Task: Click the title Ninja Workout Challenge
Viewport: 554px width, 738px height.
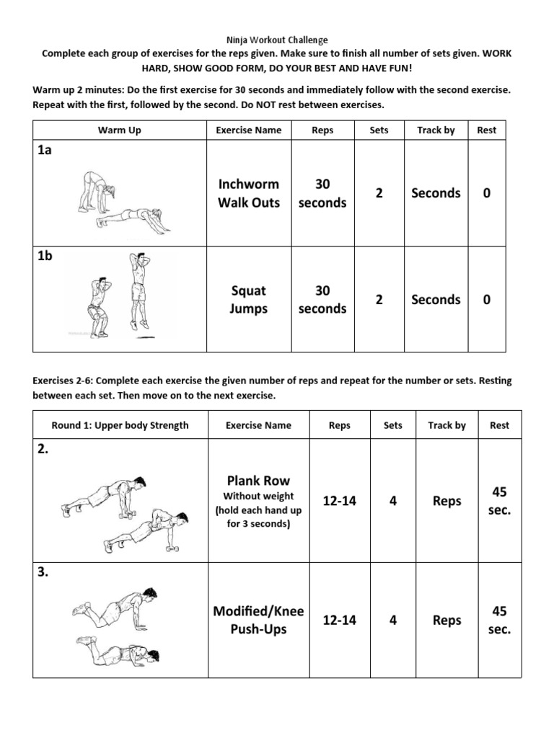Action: coord(277,40)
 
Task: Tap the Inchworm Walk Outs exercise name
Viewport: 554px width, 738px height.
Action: coord(249,193)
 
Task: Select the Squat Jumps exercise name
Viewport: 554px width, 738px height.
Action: coord(249,300)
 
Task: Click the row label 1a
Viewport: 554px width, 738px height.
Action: coord(44,151)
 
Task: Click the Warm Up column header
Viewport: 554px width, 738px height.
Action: coord(120,130)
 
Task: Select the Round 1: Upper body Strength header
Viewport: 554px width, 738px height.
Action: coord(120,425)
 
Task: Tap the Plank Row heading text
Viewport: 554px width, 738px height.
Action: coord(258,481)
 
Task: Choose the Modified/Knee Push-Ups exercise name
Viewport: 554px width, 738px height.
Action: coord(258,620)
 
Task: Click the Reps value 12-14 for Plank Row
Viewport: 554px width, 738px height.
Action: coord(339,501)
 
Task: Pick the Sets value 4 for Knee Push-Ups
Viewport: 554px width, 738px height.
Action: coord(393,620)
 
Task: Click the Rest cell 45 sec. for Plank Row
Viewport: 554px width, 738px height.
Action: coord(499,501)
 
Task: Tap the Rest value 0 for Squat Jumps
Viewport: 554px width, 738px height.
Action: coord(487,300)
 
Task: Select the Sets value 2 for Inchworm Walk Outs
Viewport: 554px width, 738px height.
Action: coord(379,193)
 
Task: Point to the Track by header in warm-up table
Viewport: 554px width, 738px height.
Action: coord(436,130)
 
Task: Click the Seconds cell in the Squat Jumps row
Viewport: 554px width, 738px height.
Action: coord(436,300)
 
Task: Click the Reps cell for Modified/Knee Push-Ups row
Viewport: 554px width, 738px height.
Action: coord(339,620)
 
